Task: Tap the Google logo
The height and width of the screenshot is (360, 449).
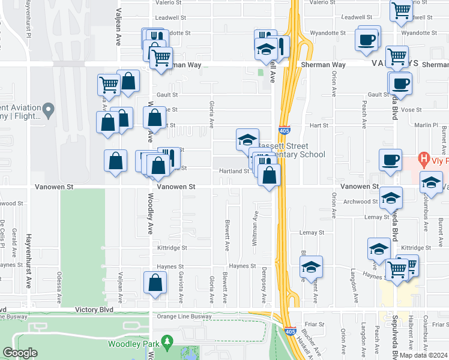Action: pyautogui.click(x=20, y=352)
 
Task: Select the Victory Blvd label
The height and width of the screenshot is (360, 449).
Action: pyautogui.click(x=94, y=310)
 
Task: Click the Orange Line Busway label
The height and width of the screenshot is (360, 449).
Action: pyautogui.click(x=183, y=316)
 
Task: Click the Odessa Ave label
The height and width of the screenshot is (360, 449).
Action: pyautogui.click(x=59, y=288)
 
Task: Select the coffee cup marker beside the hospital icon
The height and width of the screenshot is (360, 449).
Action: pyautogui.click(x=390, y=160)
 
